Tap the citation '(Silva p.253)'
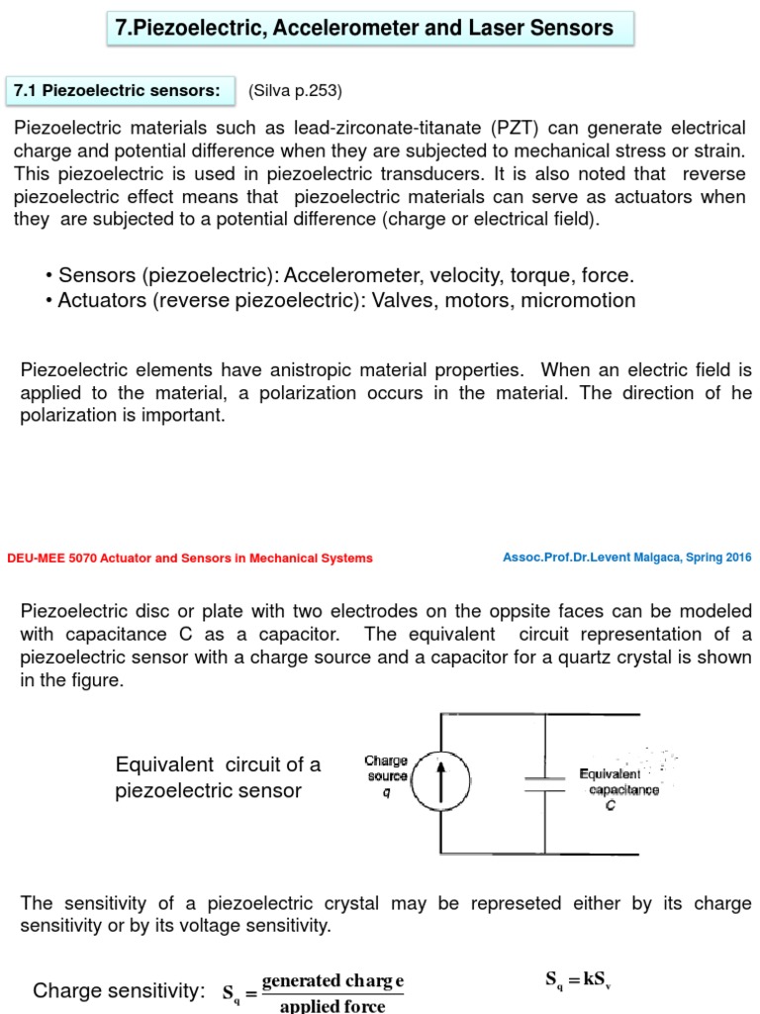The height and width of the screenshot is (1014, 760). (x=295, y=91)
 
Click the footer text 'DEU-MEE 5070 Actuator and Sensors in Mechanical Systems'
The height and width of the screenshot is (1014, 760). (x=190, y=558)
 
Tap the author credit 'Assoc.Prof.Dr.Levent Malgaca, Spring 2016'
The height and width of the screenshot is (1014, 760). (x=626, y=558)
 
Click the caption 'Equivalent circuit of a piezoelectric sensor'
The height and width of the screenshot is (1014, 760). (x=218, y=777)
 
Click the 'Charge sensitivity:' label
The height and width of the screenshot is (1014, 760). (x=119, y=991)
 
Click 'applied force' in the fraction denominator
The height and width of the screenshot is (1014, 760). (x=332, y=1005)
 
